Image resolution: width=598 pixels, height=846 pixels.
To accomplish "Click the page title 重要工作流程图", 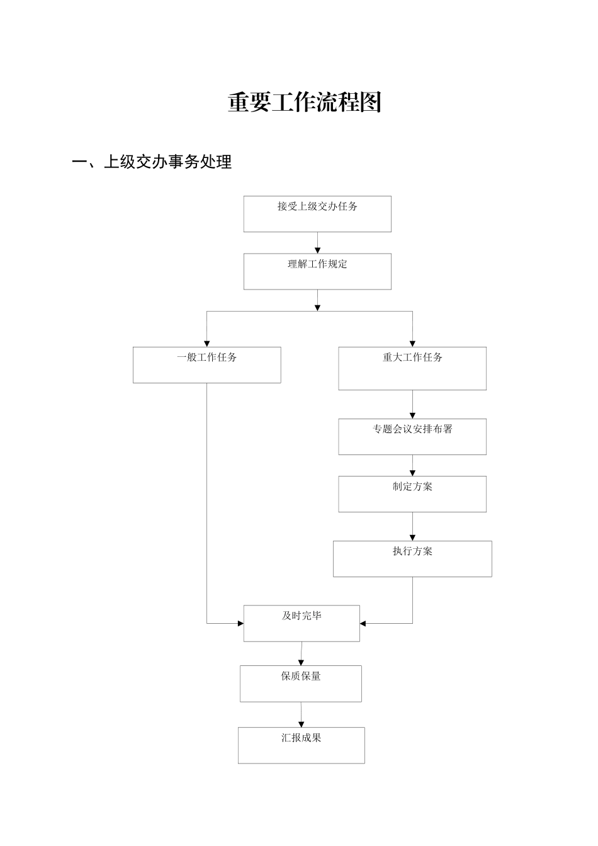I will tap(305, 102).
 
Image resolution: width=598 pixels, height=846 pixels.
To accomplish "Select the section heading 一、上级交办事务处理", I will tap(152, 162).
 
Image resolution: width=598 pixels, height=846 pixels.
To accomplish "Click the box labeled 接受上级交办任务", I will tap(317, 214).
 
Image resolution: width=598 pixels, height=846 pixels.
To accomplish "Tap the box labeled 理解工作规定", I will tap(317, 271).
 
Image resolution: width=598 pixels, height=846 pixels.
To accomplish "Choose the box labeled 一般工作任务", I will tap(206, 364).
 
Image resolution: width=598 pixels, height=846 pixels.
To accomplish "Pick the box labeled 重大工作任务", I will tap(412, 368).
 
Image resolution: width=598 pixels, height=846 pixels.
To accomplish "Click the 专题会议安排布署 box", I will tap(412, 436).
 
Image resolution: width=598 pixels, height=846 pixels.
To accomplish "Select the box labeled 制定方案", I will tap(412, 493).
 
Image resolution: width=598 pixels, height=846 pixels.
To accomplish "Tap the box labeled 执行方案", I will tap(412, 558).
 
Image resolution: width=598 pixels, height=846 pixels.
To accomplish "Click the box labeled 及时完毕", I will tap(302, 623).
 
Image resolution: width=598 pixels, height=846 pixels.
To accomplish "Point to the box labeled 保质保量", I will tap(301, 683).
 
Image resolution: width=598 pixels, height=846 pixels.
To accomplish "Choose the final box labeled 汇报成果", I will tap(301, 745).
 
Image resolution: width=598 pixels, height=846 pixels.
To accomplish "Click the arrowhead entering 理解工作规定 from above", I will tap(317, 250).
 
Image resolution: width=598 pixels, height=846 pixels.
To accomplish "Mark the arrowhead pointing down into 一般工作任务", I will tap(206, 343).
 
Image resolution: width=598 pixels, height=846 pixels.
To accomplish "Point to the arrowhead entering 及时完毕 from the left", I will tap(240, 623).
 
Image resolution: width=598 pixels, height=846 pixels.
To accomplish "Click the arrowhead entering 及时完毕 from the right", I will tap(363, 623).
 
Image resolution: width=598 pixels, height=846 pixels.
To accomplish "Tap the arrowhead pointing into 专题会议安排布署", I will tap(412, 415).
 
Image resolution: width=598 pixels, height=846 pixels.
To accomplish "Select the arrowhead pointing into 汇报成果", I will tap(301, 724).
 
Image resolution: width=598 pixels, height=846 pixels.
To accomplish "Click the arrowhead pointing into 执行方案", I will tap(412, 537).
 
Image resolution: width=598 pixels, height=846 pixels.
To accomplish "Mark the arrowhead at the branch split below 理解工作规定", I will tap(317, 307).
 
